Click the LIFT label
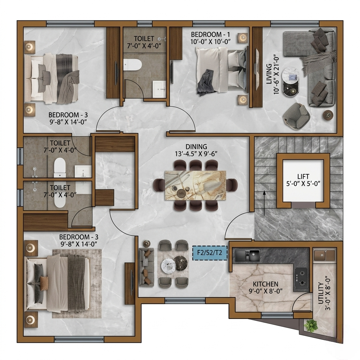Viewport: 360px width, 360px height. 303,176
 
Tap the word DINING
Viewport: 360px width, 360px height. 196,147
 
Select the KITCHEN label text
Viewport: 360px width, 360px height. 266,284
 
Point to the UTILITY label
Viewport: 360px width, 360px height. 321,293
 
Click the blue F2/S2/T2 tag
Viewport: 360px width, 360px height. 210,253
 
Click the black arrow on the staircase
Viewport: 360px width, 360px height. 264,203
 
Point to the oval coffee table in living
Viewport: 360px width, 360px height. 290,82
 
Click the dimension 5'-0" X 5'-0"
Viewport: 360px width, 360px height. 303,184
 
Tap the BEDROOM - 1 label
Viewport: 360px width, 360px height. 210,34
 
